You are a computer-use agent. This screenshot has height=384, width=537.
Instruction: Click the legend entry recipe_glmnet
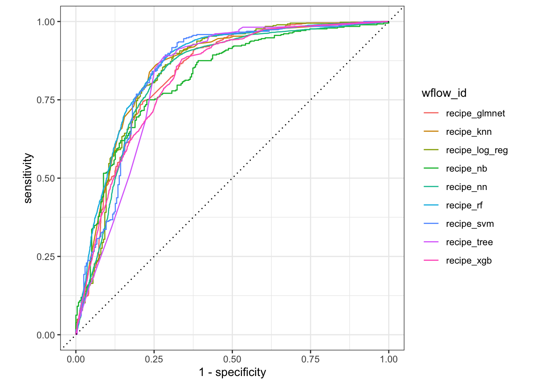[x=475, y=114]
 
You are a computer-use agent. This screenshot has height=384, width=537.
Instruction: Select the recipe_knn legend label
[x=468, y=132]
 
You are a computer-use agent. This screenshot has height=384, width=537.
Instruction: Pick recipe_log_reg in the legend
[x=477, y=150]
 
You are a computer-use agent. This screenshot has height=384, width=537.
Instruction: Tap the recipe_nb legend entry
[x=466, y=169]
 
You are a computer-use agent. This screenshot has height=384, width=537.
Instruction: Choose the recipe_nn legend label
[x=466, y=187]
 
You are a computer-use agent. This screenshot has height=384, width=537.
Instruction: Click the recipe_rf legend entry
[x=464, y=206]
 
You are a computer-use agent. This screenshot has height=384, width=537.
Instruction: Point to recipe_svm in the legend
[x=469, y=224]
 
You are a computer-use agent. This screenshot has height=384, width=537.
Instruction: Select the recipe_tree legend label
[x=469, y=242]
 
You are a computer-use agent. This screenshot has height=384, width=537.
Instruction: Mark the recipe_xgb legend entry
[x=469, y=261]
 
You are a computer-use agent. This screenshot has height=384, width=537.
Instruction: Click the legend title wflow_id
[x=444, y=93]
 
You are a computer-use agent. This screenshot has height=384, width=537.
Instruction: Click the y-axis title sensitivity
[x=28, y=178]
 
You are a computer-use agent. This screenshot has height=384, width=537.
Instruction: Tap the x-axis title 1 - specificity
[x=232, y=372]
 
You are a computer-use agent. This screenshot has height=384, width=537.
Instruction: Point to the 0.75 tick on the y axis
[x=46, y=100]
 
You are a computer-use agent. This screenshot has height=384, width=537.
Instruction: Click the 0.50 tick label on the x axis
[x=232, y=359]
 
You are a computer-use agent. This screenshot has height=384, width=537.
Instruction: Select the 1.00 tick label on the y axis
[x=46, y=22]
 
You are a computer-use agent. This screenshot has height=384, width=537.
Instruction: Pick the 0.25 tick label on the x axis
[x=154, y=359]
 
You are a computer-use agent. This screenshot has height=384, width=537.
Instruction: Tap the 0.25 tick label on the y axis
[x=46, y=256]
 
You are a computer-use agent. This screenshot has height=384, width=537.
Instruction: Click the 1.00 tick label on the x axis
[x=389, y=359]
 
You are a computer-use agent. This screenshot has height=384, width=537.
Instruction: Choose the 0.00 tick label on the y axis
[x=46, y=335]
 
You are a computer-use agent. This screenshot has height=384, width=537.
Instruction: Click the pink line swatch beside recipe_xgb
[x=431, y=261]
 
